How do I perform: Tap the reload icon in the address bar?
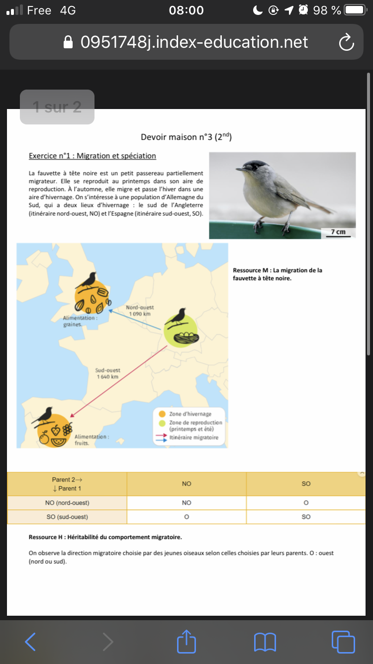[346, 42]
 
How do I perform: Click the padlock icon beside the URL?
[68, 42]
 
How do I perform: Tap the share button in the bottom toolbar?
[186, 642]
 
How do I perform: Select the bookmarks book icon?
[265, 642]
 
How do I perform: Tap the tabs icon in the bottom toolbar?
[343, 642]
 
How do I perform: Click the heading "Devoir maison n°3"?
[186, 137]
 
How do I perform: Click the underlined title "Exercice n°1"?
[93, 156]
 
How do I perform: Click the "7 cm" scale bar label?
[338, 232]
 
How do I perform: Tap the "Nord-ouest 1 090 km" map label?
[140, 311]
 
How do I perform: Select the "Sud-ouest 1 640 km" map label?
[108, 374]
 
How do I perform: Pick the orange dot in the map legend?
[162, 414]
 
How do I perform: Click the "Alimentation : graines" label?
[80, 321]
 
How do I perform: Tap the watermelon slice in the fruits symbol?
[59, 441]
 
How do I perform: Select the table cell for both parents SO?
[306, 517]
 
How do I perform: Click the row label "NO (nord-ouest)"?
[67, 503]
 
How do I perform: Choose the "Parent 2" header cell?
[67, 484]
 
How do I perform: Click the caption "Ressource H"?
[105, 538]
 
